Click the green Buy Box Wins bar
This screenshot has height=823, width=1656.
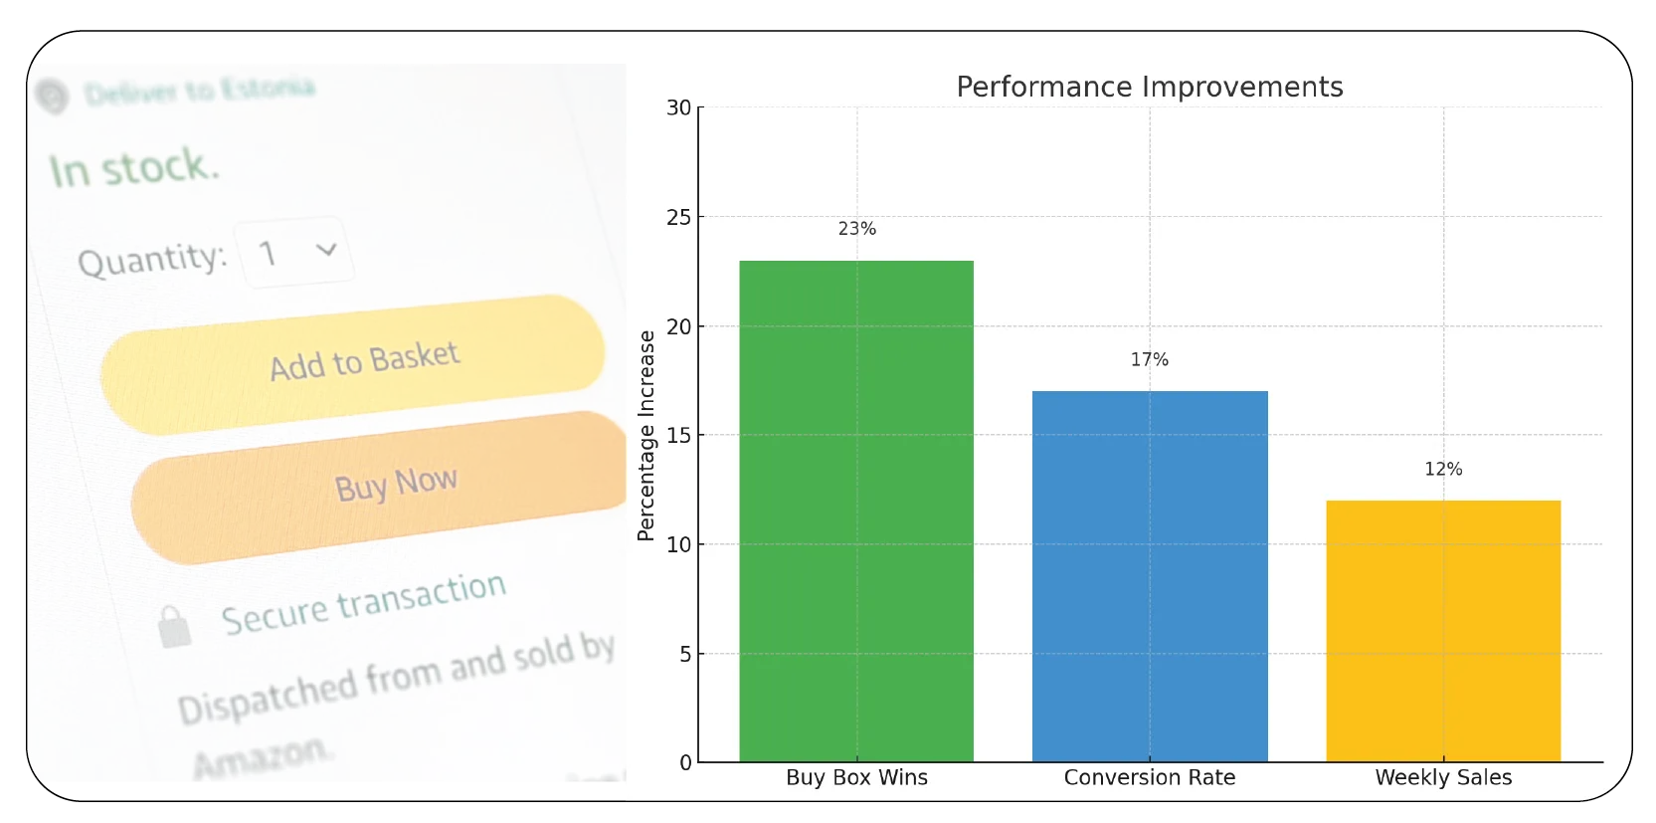pos(856,511)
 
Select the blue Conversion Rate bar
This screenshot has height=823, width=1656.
pos(1150,576)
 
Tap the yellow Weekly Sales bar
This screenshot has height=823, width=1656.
pos(1443,631)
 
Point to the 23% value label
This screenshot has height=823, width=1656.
pos(856,229)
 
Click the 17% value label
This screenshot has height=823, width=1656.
pos(1149,359)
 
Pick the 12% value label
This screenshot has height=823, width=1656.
pos(1443,469)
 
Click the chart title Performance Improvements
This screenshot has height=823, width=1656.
pos(1149,88)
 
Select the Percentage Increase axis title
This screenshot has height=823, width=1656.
pos(646,435)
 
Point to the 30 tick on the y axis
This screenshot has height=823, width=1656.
pos(678,107)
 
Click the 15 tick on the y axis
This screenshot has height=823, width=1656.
pos(678,436)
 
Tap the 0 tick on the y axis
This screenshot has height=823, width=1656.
pos(685,763)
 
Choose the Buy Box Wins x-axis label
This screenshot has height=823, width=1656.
pos(856,777)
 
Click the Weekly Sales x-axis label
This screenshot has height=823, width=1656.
pos(1443,777)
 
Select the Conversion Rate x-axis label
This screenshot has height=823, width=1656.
pos(1149,777)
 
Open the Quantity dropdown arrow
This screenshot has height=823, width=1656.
pos(326,250)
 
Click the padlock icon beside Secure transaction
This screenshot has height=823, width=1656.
pos(174,627)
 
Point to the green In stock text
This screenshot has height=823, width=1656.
pos(133,167)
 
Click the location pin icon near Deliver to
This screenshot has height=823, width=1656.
pos(52,97)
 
